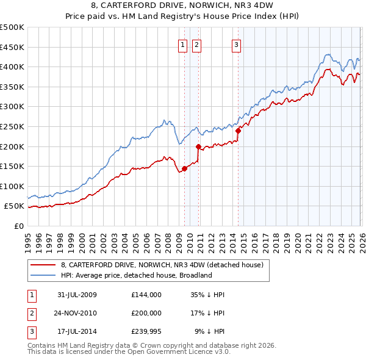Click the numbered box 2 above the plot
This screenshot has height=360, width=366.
[196, 44]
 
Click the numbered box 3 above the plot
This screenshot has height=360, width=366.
[236, 44]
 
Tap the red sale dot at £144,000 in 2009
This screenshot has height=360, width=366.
[184, 168]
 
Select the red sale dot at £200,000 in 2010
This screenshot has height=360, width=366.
[198, 146]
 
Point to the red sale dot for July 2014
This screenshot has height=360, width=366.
[238, 131]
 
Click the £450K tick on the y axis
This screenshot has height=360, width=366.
[12, 47]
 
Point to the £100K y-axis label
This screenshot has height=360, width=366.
[12, 186]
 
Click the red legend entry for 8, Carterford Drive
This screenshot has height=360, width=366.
[162, 265]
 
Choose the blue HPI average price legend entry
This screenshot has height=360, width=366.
[136, 275]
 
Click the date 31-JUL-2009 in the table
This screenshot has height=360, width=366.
[77, 295]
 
